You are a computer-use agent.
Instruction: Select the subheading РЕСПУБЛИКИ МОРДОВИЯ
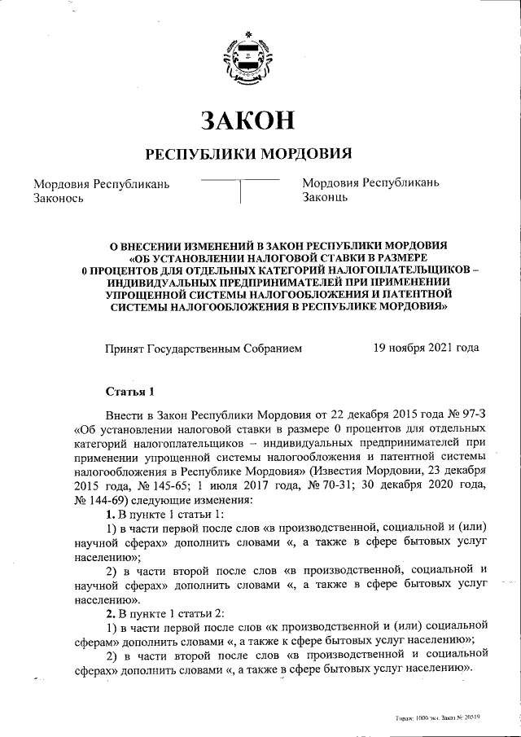(247, 154)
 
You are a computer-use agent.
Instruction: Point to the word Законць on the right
(325, 197)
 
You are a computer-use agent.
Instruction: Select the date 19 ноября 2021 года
(426, 348)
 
